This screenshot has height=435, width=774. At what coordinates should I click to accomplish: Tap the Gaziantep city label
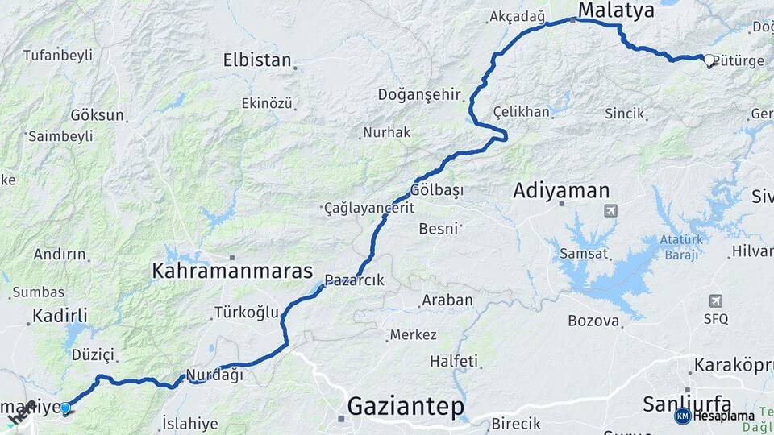406,407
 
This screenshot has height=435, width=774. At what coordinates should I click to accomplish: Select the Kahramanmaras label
232,271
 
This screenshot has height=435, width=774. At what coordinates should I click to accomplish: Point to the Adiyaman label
561,191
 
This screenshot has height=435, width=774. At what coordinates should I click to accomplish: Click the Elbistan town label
256,60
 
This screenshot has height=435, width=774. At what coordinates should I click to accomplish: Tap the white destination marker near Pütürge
709,60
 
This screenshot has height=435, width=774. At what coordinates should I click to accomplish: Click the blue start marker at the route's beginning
65,408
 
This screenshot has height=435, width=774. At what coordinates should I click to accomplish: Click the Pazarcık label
354,280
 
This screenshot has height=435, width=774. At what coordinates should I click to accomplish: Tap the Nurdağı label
214,375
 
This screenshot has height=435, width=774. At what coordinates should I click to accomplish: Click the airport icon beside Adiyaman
610,211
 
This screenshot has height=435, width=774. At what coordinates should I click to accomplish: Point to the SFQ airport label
715,319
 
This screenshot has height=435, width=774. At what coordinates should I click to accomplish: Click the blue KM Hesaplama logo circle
682,416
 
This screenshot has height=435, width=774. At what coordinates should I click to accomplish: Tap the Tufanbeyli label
57,55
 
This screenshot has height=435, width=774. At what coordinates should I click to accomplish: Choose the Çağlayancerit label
368,208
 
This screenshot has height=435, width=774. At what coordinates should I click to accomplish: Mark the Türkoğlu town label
246,312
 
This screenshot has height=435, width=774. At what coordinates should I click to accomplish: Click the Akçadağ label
518,17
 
